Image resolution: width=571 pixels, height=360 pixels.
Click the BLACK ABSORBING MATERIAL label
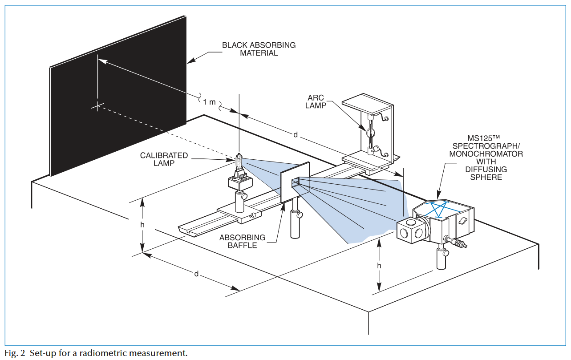point(259,49)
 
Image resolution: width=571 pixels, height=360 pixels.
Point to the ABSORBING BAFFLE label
point(242,241)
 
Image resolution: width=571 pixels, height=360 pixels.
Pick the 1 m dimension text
point(210,102)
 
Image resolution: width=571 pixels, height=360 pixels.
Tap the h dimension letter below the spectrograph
point(379,266)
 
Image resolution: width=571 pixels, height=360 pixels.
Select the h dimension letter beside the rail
point(142,225)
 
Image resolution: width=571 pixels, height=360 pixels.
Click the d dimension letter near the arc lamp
point(296,134)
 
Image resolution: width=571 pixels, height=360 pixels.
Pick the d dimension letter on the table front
point(196,274)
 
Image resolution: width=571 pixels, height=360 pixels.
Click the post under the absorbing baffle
point(295,222)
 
